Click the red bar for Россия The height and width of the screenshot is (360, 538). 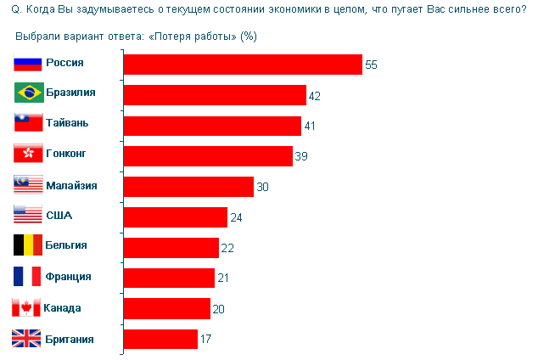[x=243, y=65]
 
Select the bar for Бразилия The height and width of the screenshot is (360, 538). [x=215, y=95]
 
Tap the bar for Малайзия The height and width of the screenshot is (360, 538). [x=188, y=187]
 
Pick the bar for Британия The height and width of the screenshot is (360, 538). [x=160, y=340]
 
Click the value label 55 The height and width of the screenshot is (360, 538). [x=371, y=65]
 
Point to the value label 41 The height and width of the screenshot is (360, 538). [x=310, y=127]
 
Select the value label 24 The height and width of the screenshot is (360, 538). [x=236, y=218]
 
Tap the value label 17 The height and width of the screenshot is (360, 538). [x=206, y=340]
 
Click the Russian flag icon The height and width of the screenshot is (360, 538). [x=28, y=63]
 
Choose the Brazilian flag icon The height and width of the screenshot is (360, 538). [x=28, y=93]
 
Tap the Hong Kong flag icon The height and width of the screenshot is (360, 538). [x=28, y=154]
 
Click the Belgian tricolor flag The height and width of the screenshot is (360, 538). [x=28, y=245]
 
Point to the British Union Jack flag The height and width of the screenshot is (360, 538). [x=28, y=338]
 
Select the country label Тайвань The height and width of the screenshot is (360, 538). [x=67, y=123]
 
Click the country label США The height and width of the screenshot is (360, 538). [x=59, y=215]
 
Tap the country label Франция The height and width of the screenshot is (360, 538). [x=70, y=276]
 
